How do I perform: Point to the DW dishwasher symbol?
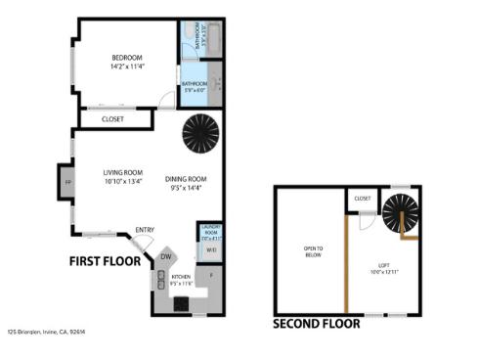167,257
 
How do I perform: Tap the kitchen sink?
158,280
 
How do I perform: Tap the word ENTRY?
145,230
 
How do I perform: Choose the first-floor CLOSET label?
113,119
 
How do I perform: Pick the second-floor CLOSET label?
363,199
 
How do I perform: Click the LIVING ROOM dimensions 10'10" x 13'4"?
123,181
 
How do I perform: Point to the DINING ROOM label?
185,178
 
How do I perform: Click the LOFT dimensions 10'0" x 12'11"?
386,271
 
